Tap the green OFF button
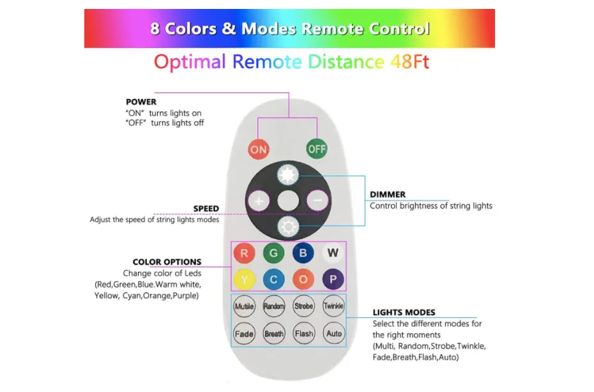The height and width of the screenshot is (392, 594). click(316, 149)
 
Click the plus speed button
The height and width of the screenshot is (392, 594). click(259, 200)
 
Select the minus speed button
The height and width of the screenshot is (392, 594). click(317, 200)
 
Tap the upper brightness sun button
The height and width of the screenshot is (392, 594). click(287, 174)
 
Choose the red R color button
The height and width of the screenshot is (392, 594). click(243, 253)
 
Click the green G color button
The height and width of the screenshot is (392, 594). click(273, 253)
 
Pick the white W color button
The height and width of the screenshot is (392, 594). click(333, 253)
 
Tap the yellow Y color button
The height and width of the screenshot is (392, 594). click(243, 279)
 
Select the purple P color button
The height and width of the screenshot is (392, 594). click(333, 279)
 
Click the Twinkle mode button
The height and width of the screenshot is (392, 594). click(333, 306)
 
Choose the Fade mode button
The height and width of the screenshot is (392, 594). click(244, 333)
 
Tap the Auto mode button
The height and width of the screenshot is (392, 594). click(333, 333)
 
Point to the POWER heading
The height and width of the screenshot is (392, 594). click(141, 102)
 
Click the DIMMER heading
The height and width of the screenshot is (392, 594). click(388, 194)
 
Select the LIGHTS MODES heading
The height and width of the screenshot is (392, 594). click(404, 312)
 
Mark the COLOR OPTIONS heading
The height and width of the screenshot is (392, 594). click(167, 262)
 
